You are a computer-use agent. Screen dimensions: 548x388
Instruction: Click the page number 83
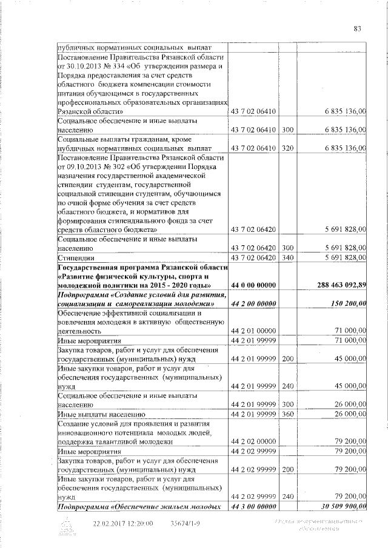[x=358, y=28]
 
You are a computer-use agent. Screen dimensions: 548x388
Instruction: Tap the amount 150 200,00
[x=346, y=303]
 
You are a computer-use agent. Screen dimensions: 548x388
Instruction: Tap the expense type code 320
[x=288, y=147]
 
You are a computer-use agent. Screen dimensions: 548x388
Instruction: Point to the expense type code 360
[x=288, y=414]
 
